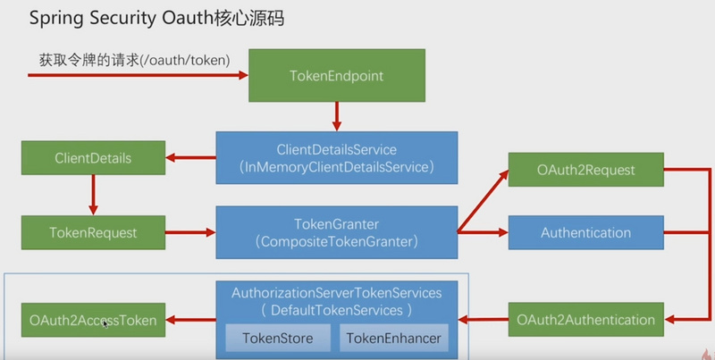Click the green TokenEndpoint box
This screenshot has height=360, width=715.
(x=336, y=76)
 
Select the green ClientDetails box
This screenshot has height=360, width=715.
(x=93, y=159)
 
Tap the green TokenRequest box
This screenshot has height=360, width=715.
(x=93, y=232)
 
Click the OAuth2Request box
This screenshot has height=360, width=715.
(x=586, y=170)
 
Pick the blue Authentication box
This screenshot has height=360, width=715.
(x=586, y=232)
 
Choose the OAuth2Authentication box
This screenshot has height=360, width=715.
(x=586, y=319)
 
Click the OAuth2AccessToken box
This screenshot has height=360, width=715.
(x=93, y=319)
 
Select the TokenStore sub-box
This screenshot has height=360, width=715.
(x=276, y=337)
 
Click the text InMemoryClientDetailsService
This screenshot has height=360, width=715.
(x=336, y=165)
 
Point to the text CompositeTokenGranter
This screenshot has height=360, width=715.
(x=336, y=240)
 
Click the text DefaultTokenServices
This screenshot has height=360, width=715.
(x=336, y=309)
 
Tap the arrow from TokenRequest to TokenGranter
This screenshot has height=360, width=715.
(x=189, y=232)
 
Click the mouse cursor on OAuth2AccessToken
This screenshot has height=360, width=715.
(x=105, y=322)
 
